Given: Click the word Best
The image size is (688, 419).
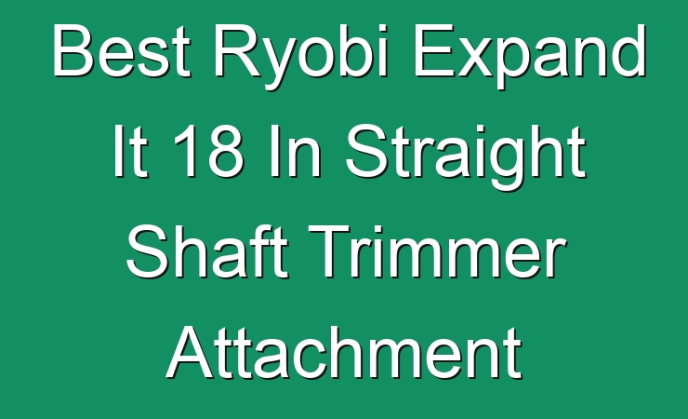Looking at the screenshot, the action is tap(122, 50).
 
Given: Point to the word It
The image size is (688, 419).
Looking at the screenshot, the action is tap(130, 151).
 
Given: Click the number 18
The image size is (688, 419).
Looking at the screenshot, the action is tap(208, 151).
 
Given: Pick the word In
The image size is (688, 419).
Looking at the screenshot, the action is tap(295, 151).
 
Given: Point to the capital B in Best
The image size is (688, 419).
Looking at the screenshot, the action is tap(73, 50).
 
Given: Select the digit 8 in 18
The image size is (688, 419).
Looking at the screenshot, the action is tap(226, 151).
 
